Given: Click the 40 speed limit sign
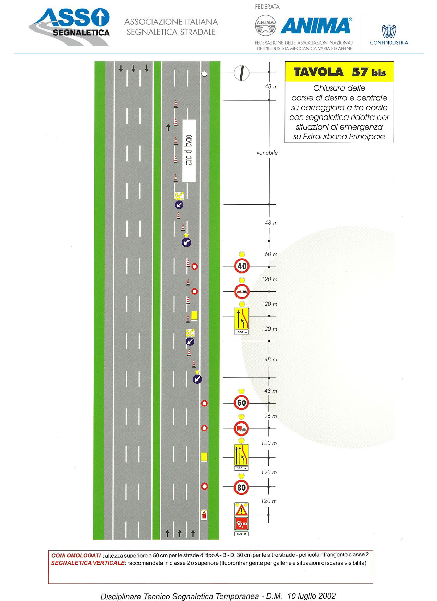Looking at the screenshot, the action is [242, 266].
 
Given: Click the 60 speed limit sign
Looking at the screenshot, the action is [242, 403].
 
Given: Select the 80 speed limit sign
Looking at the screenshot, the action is [242, 487].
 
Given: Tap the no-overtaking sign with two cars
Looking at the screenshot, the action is [242, 292].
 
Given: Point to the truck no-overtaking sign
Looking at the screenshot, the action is [242, 428].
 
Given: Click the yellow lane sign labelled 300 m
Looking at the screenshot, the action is [242, 321].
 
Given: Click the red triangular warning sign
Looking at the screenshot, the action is [242, 510].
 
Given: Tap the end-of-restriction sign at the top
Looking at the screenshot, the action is [242, 72].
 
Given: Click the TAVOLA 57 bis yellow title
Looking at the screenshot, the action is [339, 72].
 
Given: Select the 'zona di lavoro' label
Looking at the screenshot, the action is [189, 150].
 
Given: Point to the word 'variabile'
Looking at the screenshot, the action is [267, 153].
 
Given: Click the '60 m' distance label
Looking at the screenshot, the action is [271, 254].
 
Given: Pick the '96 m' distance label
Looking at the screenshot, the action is [270, 416].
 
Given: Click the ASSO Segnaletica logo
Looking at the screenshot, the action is [70, 27].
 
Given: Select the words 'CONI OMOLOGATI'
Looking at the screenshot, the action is [76, 555].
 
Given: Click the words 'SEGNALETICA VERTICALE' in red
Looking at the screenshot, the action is [88, 563].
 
